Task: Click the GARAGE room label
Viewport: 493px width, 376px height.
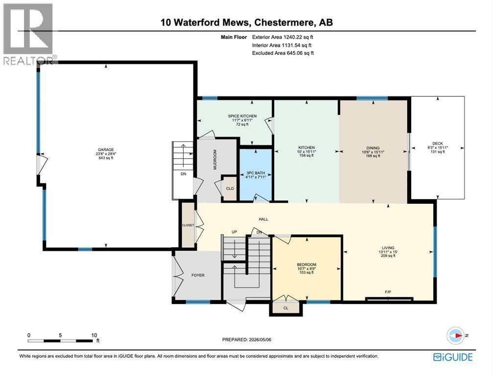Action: (x=106, y=150)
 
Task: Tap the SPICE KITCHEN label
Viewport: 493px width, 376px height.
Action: (x=242, y=116)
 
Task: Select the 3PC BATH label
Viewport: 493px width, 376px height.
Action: (x=255, y=173)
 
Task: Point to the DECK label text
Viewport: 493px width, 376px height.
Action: (x=438, y=143)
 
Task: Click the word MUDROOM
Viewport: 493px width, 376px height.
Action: (x=215, y=160)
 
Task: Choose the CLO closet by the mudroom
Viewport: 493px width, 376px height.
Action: (x=230, y=188)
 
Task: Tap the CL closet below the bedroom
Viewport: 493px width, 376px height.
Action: (x=286, y=308)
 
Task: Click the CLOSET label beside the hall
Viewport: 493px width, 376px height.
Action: (x=188, y=225)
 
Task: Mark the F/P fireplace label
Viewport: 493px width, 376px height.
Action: (x=388, y=292)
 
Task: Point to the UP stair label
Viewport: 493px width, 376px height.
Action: (x=234, y=232)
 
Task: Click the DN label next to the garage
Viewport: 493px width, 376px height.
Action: (x=183, y=173)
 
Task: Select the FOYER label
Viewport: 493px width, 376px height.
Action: (x=198, y=275)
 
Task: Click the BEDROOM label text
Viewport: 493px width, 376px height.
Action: (x=306, y=265)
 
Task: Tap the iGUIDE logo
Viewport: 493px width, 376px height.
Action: (x=453, y=357)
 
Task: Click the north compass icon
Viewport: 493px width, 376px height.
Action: (x=455, y=335)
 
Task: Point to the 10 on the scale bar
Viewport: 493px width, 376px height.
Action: (x=94, y=335)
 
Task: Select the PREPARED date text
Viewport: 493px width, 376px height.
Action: (x=247, y=340)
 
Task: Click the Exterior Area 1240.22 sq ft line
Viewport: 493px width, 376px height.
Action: (x=282, y=37)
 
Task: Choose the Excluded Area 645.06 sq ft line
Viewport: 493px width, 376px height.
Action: (x=283, y=53)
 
